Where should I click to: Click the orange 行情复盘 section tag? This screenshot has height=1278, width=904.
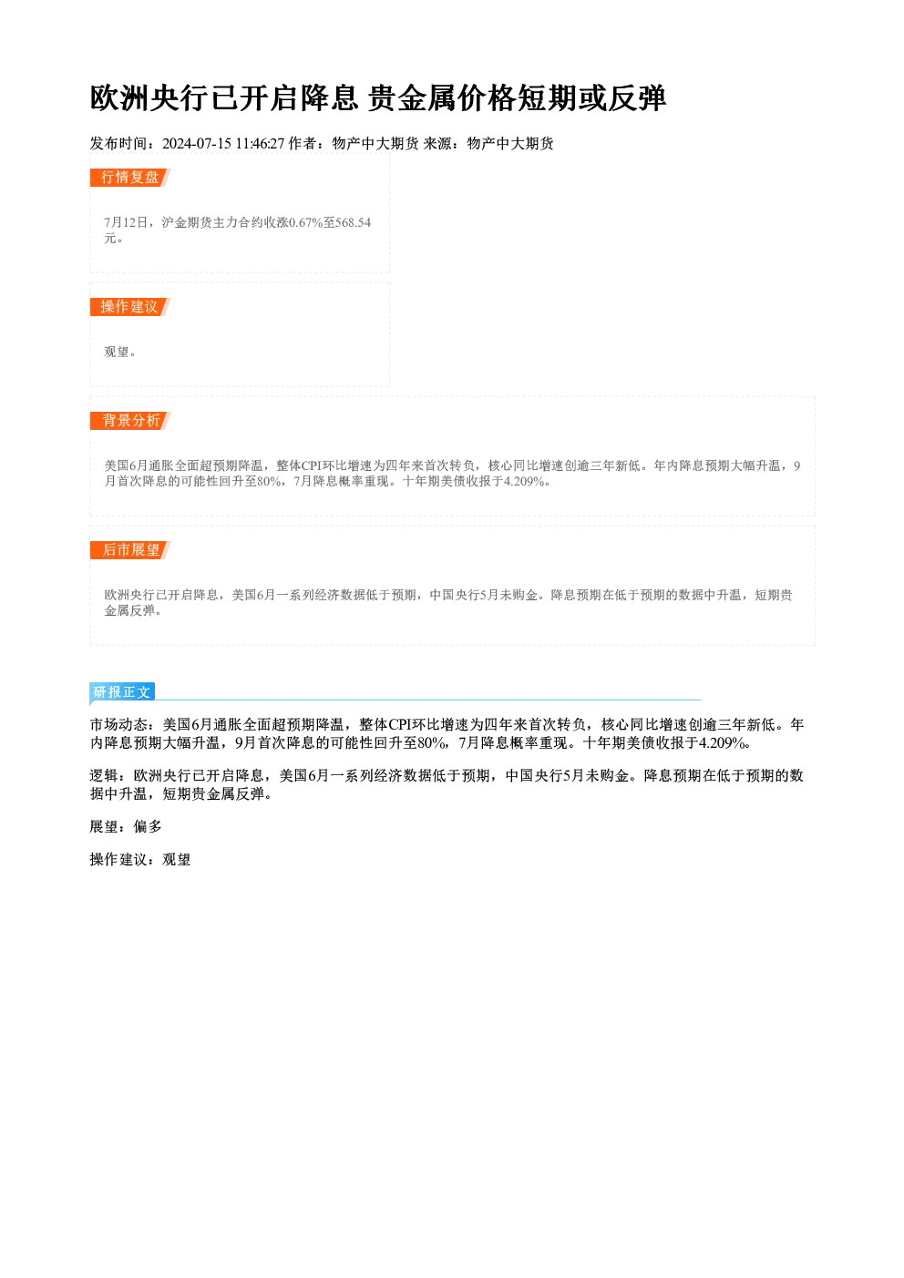(130, 178)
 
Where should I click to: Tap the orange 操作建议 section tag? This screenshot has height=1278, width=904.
(130, 307)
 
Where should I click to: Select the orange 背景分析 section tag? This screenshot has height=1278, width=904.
(130, 421)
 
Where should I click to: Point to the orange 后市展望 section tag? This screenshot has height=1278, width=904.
(130, 550)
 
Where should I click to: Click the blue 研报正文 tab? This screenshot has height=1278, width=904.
(122, 692)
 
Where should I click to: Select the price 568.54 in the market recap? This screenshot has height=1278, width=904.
(354, 222)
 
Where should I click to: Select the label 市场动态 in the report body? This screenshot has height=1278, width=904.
(118, 724)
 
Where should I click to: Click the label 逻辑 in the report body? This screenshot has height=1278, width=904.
(104, 775)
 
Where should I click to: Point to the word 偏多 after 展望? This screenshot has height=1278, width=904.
(148, 827)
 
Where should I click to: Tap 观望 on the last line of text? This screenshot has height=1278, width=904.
(177, 860)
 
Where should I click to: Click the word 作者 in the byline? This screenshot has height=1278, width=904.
(303, 144)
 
